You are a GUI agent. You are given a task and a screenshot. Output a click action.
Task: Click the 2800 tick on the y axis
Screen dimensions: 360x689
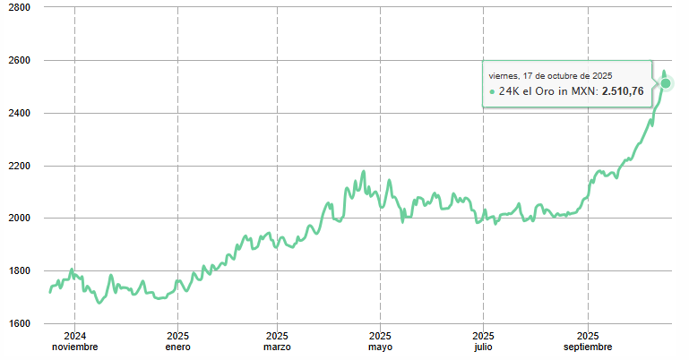(x=19, y=7)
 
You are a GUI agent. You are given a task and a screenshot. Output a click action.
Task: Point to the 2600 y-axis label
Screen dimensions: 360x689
(x=19, y=60)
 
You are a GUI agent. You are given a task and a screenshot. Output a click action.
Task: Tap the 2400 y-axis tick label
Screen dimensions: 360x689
(x=19, y=113)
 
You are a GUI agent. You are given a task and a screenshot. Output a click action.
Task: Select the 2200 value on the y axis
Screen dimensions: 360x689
(x=19, y=166)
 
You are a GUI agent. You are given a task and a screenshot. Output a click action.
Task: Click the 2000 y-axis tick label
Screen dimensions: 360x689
(x=19, y=218)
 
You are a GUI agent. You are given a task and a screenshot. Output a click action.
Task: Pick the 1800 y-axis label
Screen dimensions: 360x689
(x=19, y=270)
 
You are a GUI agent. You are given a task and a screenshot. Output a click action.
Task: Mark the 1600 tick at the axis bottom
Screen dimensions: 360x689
(x=19, y=323)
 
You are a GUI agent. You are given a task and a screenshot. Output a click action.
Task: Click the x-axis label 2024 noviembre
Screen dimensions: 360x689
(x=74, y=341)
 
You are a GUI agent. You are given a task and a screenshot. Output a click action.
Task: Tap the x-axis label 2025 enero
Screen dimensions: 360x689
(x=177, y=341)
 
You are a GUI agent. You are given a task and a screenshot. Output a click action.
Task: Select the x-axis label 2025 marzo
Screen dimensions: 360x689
(x=278, y=341)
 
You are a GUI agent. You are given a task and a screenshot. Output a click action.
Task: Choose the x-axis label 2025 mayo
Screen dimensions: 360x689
(x=381, y=341)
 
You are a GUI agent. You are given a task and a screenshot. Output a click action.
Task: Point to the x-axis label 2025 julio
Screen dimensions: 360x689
(x=484, y=341)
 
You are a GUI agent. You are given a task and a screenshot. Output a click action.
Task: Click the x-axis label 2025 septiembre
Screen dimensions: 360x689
(x=589, y=341)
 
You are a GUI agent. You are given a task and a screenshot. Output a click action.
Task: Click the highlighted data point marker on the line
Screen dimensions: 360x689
(x=666, y=83)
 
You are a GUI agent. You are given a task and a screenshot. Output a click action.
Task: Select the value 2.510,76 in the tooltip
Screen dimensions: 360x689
(x=623, y=90)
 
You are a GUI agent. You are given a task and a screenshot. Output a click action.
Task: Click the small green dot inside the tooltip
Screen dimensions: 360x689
(x=492, y=91)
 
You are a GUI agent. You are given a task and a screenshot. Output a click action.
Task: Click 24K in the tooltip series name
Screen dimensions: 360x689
(x=509, y=90)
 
